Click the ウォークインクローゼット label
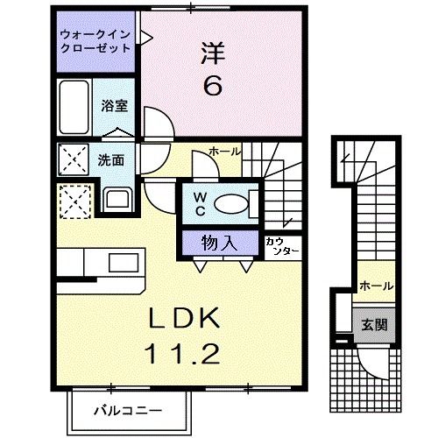click(96, 42)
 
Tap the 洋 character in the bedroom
click(214, 53)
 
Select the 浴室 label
click(115, 106)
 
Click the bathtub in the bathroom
click(74, 107)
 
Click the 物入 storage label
click(223, 240)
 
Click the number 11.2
click(185, 356)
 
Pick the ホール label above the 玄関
click(376, 286)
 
